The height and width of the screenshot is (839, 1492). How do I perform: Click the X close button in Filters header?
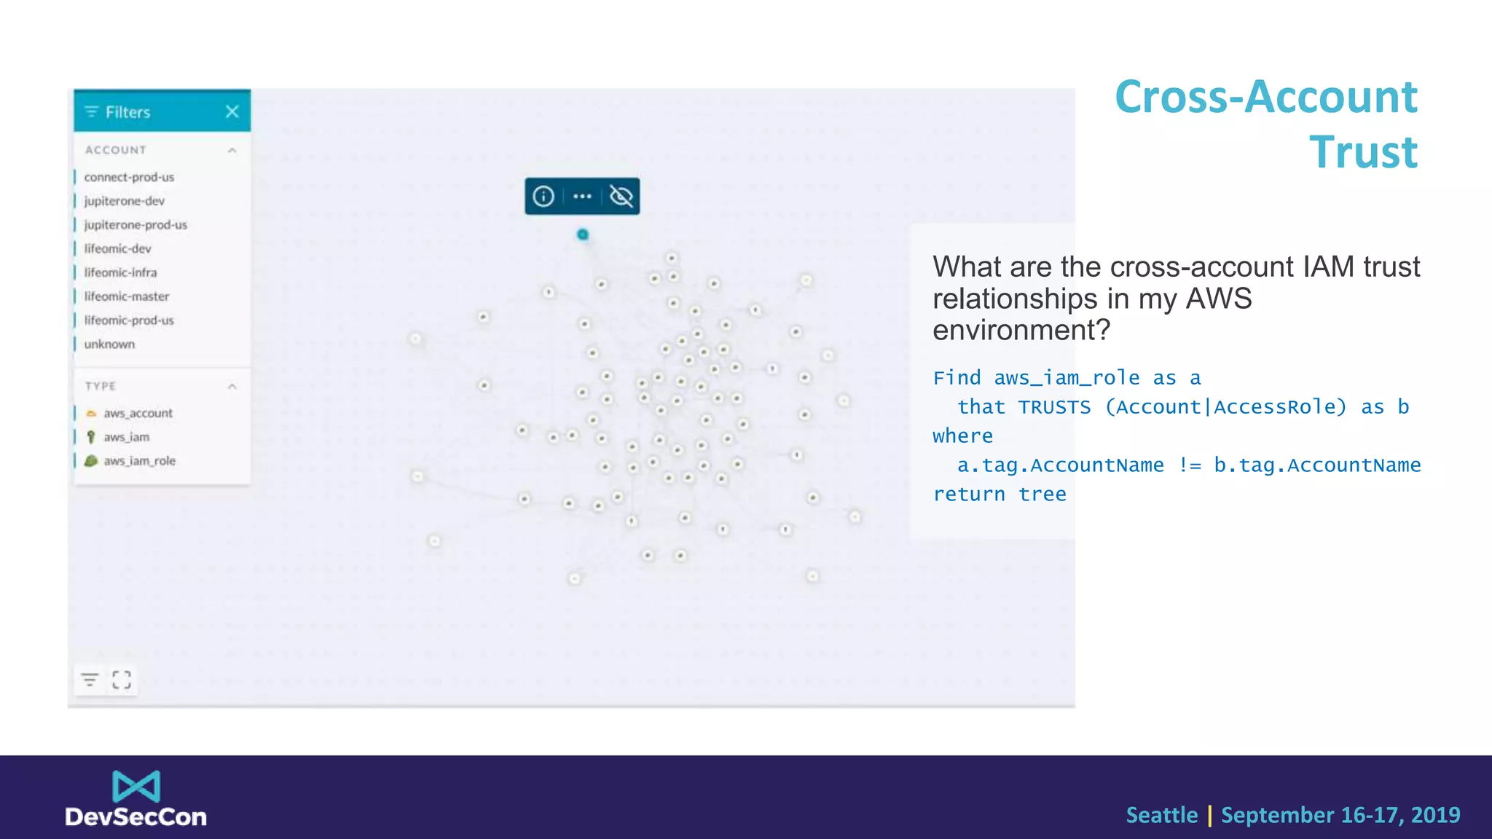click(x=232, y=111)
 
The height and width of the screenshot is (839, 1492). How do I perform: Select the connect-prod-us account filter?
click(x=129, y=177)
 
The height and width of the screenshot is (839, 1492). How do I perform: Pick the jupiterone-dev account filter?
click(x=124, y=201)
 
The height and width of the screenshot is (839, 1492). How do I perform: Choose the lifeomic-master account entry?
click(x=126, y=296)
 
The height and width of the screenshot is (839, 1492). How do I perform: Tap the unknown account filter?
click(x=109, y=344)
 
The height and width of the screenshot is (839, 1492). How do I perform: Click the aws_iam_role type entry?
click(x=138, y=461)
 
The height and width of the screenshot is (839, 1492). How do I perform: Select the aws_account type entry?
click(x=138, y=413)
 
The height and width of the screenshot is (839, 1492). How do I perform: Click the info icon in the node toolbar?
click(x=543, y=196)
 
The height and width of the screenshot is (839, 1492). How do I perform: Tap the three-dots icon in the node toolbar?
click(x=582, y=196)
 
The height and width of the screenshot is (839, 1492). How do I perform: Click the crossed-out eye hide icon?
click(x=621, y=196)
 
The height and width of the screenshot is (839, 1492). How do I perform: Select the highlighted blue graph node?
click(x=583, y=235)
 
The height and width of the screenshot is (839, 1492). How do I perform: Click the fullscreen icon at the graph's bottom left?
click(x=122, y=680)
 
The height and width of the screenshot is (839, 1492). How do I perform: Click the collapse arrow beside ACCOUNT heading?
click(x=232, y=150)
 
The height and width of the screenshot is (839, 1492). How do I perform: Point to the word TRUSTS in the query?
click(x=1054, y=407)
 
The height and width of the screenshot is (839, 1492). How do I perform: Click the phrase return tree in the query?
click(x=1000, y=495)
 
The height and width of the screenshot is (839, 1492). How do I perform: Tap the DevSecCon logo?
click(x=136, y=799)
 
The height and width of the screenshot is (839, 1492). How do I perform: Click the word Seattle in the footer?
click(x=1161, y=815)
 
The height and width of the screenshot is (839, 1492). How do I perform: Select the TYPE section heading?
click(x=101, y=386)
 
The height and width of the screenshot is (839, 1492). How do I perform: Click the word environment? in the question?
click(x=1021, y=331)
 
